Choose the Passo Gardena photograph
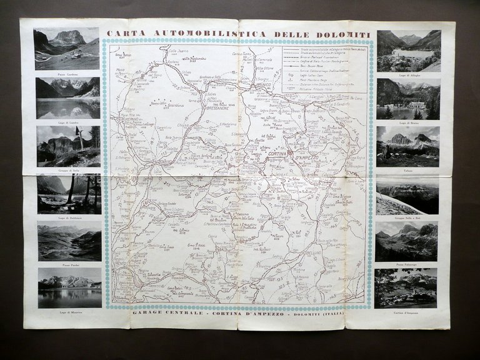(x=67, y=48)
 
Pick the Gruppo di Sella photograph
(x=68, y=146)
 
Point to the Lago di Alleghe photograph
(x=409, y=51)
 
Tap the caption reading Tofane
(x=407, y=169)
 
